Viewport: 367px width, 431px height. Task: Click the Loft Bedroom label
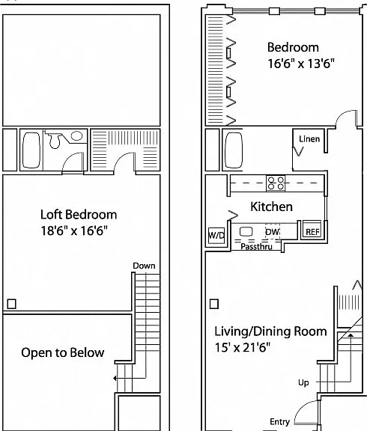pos(79,215)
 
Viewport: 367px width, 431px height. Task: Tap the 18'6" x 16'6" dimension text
pos(74,230)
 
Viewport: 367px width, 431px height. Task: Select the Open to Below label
pos(63,352)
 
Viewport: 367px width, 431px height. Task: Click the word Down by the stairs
pos(144,266)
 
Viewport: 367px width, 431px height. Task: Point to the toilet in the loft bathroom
pos(54,140)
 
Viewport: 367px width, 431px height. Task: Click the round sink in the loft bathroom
pos(76,135)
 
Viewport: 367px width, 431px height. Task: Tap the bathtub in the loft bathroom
pos(31,150)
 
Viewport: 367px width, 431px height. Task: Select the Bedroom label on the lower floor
pos(293,47)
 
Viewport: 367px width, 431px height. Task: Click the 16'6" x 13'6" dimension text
pos(301,64)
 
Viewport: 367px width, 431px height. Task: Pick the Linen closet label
pos(309,139)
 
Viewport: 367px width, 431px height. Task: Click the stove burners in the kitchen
pos(276,183)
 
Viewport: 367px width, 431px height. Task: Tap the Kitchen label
pos(271,207)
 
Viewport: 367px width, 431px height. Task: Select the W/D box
pos(216,235)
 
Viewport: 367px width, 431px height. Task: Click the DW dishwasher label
pos(273,232)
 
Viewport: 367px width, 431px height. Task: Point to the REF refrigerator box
pos(312,230)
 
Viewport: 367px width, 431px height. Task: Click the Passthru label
pos(256,247)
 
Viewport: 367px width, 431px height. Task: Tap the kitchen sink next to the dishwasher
pos(246,231)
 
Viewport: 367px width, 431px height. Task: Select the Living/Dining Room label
pos(270,331)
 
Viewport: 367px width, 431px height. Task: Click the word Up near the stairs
pos(303,383)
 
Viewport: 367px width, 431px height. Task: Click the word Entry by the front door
pos(280,422)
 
